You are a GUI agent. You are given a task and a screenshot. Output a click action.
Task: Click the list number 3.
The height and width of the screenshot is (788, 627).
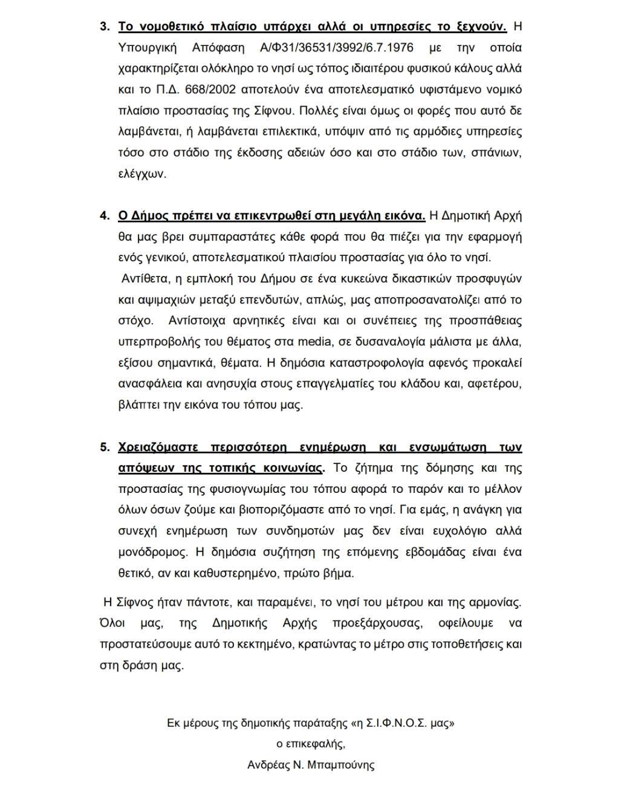105,27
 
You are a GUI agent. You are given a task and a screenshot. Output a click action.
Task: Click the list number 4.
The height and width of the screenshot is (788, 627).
105,216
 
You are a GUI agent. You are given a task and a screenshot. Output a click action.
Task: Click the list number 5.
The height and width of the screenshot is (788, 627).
105,448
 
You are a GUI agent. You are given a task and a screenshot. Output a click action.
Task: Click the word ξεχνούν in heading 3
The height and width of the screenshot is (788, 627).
480,27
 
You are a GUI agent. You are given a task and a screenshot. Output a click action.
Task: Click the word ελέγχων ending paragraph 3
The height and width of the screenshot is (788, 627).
141,174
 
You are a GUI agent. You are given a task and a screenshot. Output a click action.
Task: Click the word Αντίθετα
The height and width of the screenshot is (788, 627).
145,279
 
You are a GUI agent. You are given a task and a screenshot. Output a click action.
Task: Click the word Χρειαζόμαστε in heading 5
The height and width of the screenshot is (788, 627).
157,448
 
